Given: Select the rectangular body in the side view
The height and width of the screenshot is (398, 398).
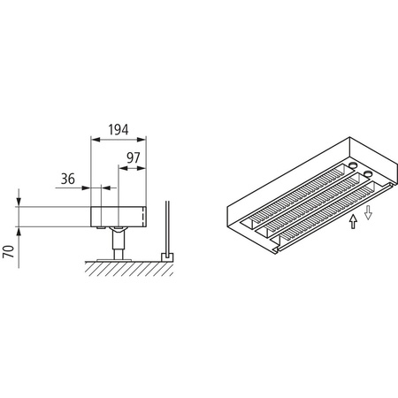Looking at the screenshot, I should pyautogui.click(x=118, y=216).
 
